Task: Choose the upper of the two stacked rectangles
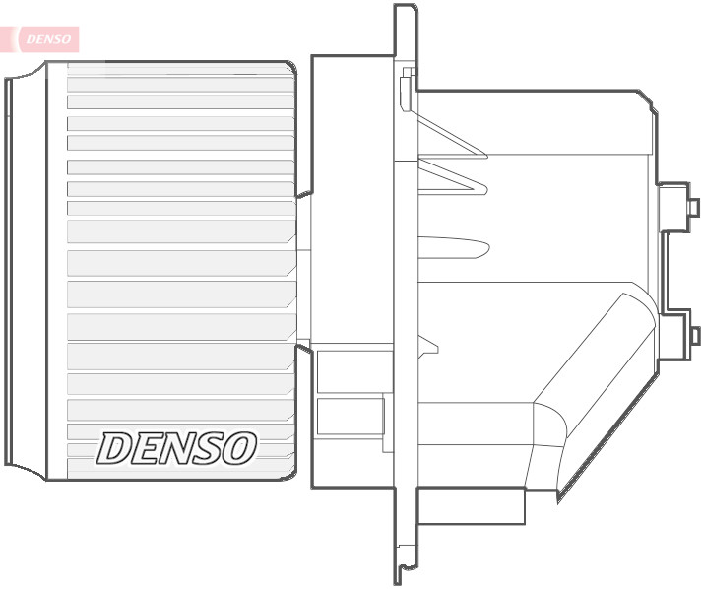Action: point(350,371)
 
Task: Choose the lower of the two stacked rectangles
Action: point(350,416)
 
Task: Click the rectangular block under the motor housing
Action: point(471,507)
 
